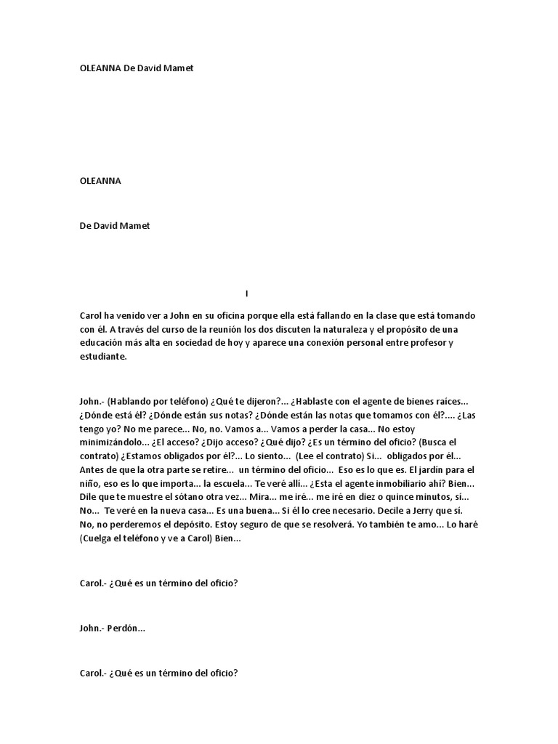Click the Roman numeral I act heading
coord(247,294)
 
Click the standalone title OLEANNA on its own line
coord(100,182)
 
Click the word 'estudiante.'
coord(103,357)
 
